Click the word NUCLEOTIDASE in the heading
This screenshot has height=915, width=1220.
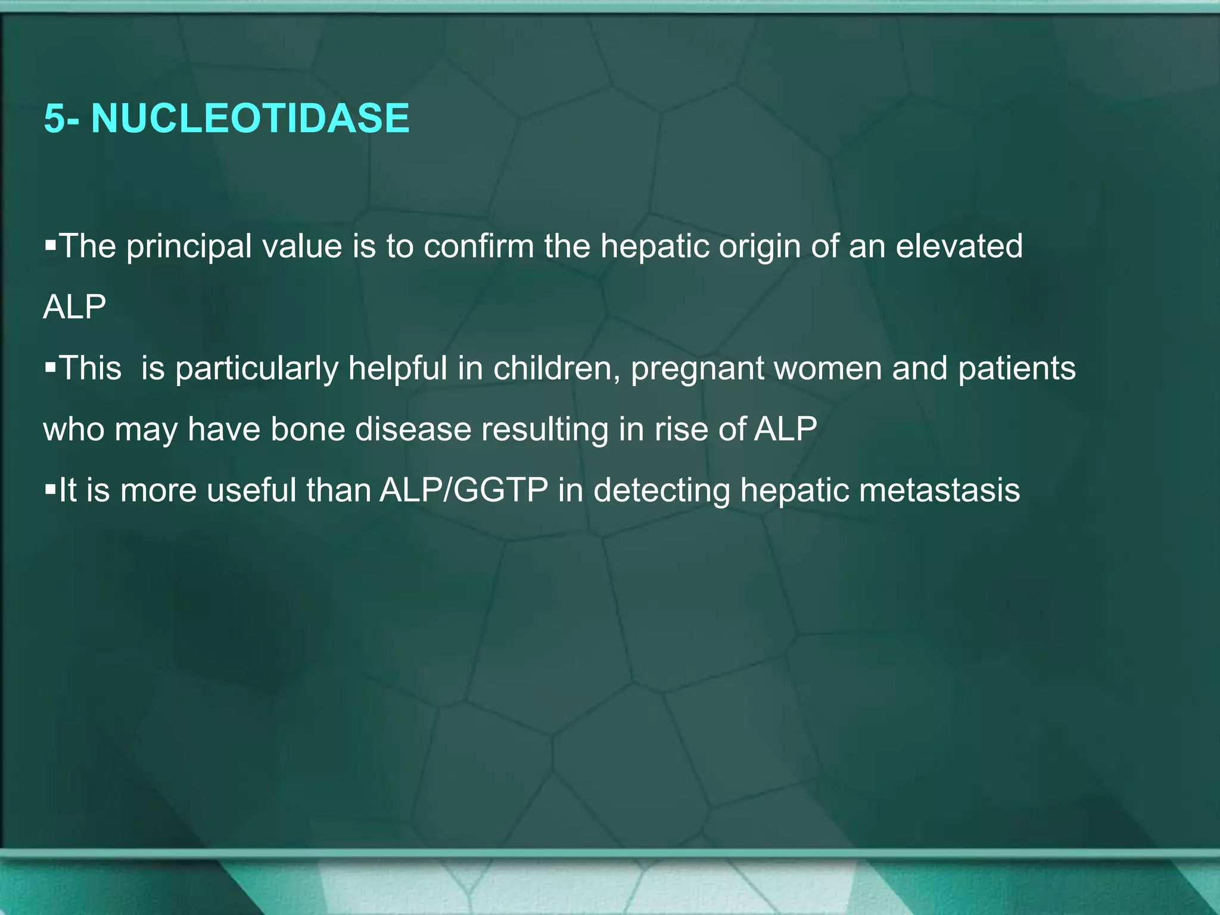[x=250, y=118]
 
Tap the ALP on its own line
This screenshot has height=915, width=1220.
[x=74, y=307]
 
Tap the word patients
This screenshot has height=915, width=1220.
[x=1016, y=368]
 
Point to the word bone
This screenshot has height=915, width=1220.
[x=307, y=429]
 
